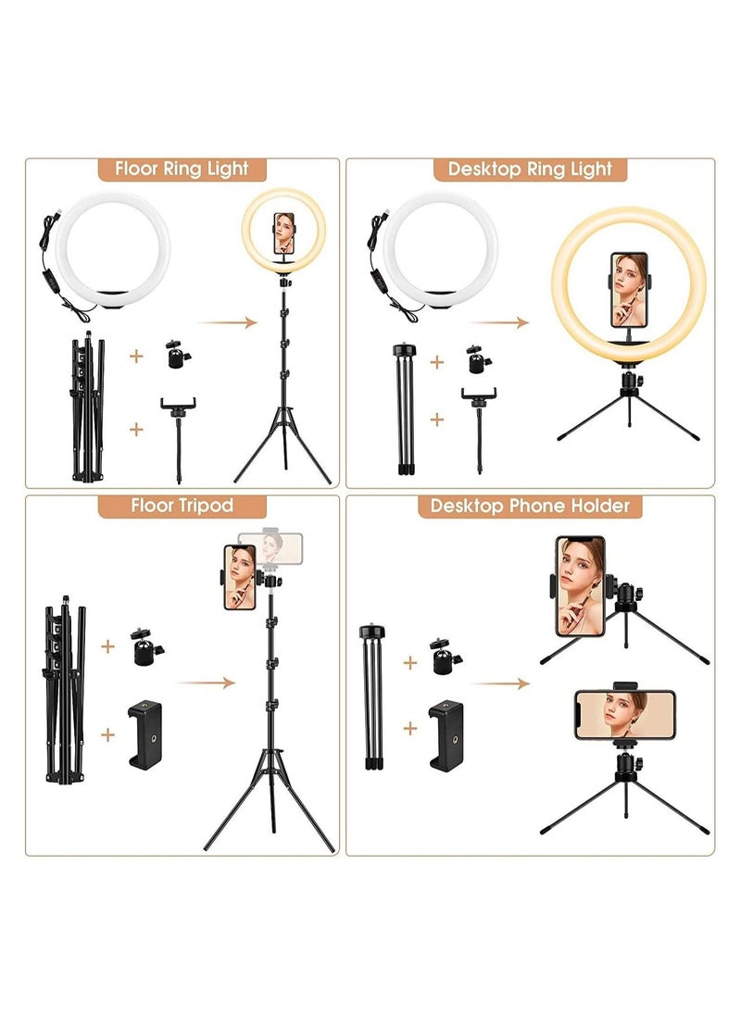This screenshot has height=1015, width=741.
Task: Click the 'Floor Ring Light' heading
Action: coord(182,169)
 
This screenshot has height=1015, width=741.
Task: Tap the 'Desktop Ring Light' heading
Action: coord(530,169)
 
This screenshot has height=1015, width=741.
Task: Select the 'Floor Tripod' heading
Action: coord(182,506)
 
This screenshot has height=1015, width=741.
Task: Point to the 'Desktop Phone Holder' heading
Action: coord(530,506)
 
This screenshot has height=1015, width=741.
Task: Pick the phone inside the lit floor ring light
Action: coord(284,236)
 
